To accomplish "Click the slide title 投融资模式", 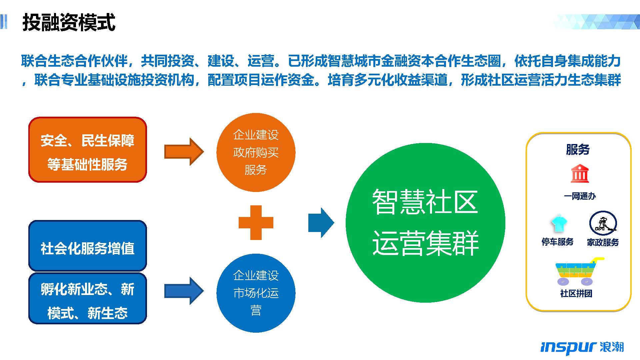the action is click(69, 23).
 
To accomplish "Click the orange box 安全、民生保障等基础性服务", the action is click(88, 150).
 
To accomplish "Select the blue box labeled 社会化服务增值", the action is click(88, 246).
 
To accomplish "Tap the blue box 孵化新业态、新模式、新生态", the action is click(88, 298).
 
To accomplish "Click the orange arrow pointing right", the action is click(184, 151).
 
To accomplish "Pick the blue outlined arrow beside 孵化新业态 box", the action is click(184, 291).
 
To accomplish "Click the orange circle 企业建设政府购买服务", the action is click(256, 152).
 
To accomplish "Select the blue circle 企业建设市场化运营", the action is click(256, 293).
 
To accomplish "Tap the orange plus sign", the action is click(256, 223).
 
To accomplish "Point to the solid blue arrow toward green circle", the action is click(321, 223).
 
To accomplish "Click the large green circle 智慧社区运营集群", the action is click(425, 223).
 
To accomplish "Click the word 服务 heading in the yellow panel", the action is click(578, 149).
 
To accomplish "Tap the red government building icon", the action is click(580, 173).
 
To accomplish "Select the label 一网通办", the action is click(580, 196).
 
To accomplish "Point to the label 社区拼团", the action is click(576, 293).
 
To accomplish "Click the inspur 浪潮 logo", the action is click(582, 348).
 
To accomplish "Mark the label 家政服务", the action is click(603, 242).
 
